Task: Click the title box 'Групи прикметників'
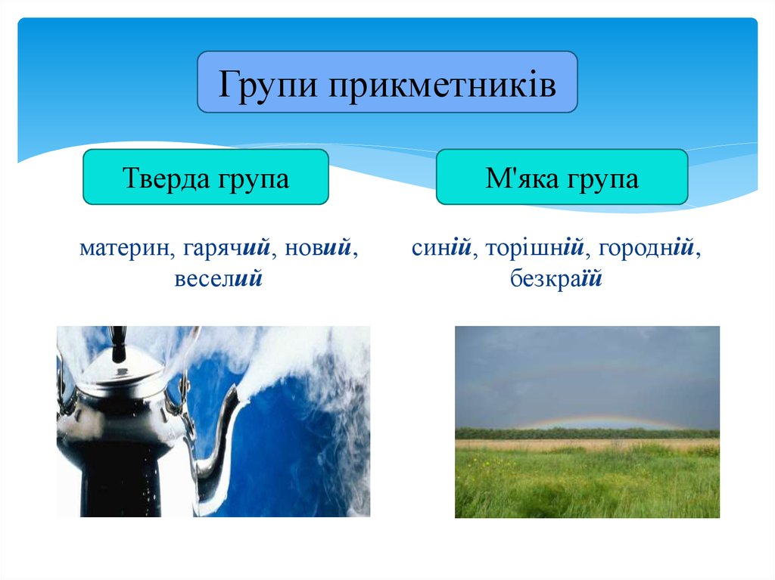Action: tap(387, 83)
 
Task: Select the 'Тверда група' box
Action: tap(205, 178)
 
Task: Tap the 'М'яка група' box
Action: tap(562, 178)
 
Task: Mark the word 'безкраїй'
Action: tap(556, 278)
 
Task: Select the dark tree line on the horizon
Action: tap(587, 433)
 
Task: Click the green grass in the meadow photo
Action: tap(587, 484)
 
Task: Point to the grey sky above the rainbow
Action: tap(587, 363)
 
